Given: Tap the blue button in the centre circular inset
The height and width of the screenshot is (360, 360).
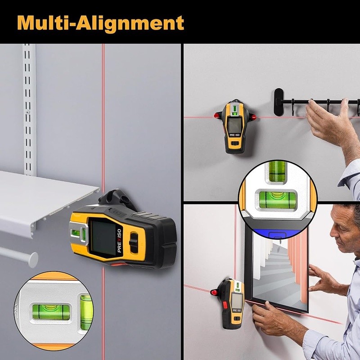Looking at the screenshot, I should tap(273, 234).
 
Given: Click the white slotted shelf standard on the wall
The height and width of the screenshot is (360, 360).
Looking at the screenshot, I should tap(29, 108).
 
